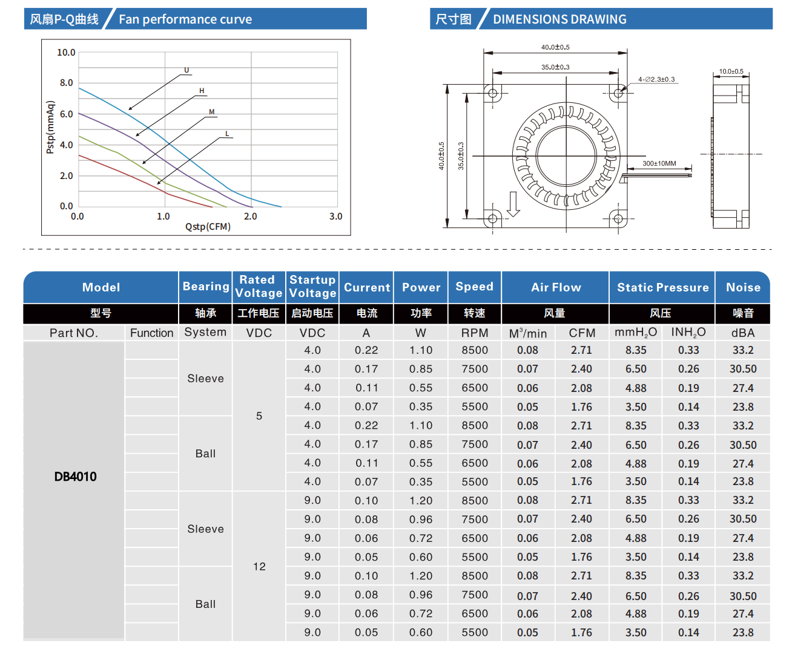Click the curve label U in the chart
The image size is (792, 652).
coord(186,70)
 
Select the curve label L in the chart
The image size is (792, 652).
coord(227,134)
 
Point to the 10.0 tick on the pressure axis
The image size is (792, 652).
coord(66,53)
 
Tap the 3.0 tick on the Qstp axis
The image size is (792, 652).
coord(335,217)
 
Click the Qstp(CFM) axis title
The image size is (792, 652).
coord(208,227)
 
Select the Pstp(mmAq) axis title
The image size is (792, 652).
coord(50,128)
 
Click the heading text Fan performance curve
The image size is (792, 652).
coord(185,19)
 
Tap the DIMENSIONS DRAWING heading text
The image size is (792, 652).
coord(559,19)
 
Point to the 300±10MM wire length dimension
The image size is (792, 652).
coord(659,163)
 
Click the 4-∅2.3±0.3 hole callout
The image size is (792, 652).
coord(656,79)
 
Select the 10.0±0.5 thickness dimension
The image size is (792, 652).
coord(731,71)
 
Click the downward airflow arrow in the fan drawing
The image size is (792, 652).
coord(513,204)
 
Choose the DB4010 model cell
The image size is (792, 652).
coord(75,477)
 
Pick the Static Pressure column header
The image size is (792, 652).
coord(662,287)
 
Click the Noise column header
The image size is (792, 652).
coord(743,287)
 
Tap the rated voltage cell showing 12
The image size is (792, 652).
coord(259,567)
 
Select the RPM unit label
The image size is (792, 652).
coord(475,333)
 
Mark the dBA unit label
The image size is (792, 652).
coord(743,333)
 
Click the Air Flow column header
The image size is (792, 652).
coord(555,287)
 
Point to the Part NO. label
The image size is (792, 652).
coord(74,333)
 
